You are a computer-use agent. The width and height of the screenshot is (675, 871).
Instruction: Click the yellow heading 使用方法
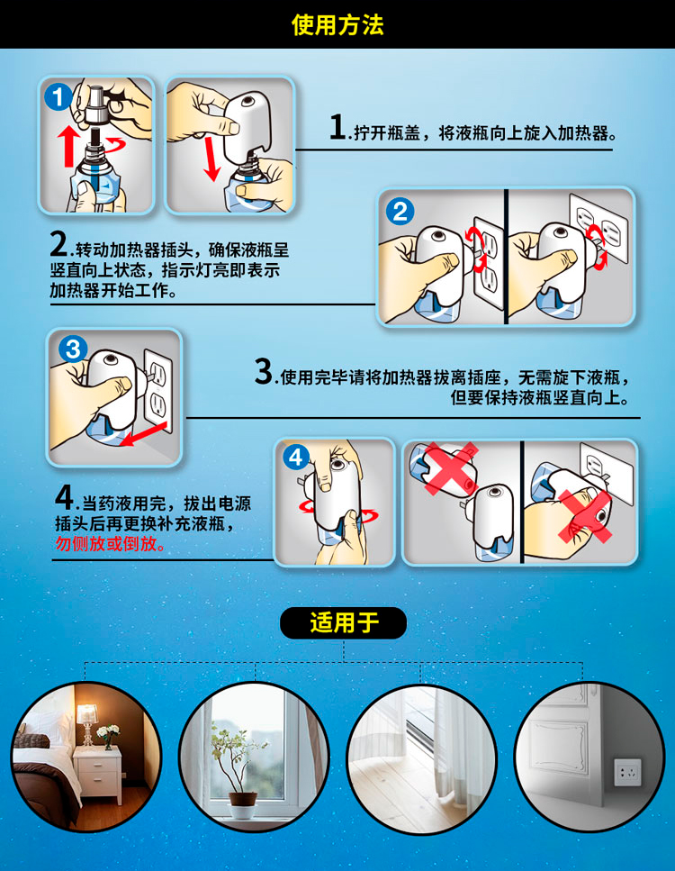pyautogui.click(x=337, y=25)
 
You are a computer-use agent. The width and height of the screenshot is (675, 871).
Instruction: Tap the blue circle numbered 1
pyautogui.click(x=58, y=98)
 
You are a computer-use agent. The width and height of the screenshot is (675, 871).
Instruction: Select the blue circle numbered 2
pyautogui.click(x=400, y=212)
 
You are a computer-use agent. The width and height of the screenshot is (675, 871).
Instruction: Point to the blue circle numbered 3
pyautogui.click(x=73, y=349)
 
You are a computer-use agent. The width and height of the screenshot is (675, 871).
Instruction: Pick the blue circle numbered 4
pyautogui.click(x=296, y=458)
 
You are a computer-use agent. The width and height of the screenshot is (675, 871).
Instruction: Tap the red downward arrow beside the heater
pyautogui.click(x=211, y=159)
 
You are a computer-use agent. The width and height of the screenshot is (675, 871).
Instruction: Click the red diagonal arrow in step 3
pyautogui.click(x=143, y=434)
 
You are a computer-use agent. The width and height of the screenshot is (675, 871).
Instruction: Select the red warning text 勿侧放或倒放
pyautogui.click(x=110, y=543)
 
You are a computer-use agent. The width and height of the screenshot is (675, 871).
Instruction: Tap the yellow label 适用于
pyautogui.click(x=344, y=622)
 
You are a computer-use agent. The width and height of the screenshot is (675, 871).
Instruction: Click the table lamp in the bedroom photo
pyautogui.click(x=87, y=721)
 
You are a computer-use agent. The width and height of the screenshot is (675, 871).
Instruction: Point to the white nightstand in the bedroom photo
pyautogui.click(x=98, y=774)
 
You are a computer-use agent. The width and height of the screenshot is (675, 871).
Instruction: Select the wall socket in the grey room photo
pyautogui.click(x=628, y=773)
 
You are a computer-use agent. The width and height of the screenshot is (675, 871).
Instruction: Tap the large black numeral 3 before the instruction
pyautogui.click(x=263, y=371)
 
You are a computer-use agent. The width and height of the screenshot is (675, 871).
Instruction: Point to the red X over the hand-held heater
pyautogui.click(x=584, y=515)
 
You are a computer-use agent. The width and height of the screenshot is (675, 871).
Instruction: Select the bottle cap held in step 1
pyautogui.click(x=98, y=108)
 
